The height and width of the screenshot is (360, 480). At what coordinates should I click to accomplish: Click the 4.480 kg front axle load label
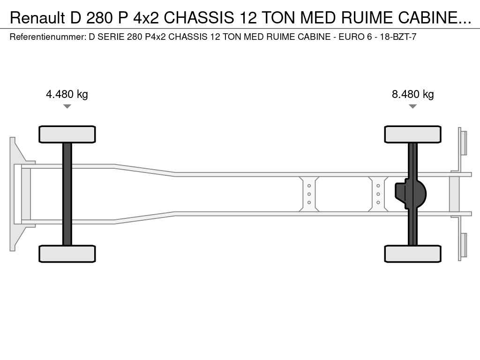67,94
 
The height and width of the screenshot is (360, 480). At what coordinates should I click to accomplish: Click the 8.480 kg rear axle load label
412,94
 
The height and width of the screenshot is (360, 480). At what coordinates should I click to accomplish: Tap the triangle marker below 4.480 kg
67,106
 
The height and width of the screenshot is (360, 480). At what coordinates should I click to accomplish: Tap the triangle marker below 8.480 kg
412,106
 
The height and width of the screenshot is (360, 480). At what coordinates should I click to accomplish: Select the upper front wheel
67,134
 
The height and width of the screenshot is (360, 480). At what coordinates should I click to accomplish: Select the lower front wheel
67,254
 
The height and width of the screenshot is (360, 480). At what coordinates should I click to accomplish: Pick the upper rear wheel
412,134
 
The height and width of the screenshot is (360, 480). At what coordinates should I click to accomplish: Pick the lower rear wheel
412,254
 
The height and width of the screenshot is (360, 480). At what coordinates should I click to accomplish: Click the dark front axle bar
67,194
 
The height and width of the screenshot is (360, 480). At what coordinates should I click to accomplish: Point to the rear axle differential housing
410,194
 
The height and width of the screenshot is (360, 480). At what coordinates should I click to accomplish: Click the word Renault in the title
37,18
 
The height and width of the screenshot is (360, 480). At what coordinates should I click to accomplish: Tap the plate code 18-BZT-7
398,37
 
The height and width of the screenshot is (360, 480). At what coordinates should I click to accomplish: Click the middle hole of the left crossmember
309,194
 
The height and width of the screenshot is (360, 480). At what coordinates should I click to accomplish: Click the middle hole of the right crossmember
378,194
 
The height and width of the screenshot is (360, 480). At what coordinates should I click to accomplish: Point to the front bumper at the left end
13,194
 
